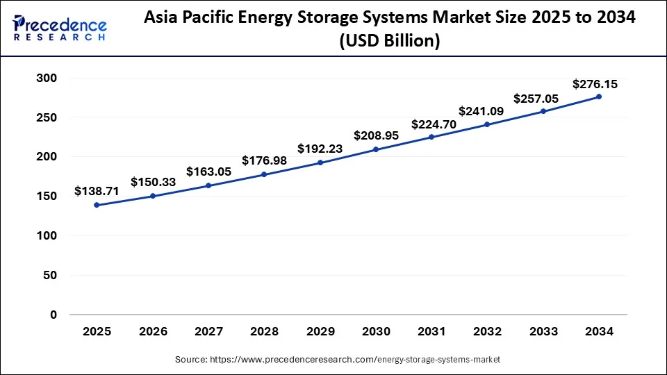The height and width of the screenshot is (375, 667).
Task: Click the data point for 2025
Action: [x=97, y=205]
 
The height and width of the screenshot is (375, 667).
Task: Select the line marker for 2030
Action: [x=376, y=149]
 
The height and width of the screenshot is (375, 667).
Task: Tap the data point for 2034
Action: [x=599, y=97]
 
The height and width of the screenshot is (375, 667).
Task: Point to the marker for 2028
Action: [x=264, y=174]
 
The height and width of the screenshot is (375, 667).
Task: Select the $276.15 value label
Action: [x=595, y=84]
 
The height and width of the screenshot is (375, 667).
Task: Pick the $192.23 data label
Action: [x=320, y=148]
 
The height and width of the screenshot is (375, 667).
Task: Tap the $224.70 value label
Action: [x=434, y=124]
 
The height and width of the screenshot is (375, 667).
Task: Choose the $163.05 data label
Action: [x=208, y=171]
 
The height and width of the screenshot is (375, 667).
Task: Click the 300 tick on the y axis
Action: [x=47, y=78]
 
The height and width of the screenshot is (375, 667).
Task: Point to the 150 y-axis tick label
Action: [x=47, y=197]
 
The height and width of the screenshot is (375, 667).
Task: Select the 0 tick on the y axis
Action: [x=53, y=315]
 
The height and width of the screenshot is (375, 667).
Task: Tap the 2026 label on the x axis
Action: [x=152, y=332]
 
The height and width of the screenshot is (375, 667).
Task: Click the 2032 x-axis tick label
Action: [x=487, y=332]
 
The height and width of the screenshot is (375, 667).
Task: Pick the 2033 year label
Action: [x=543, y=332]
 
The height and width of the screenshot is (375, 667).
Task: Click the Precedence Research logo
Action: [x=60, y=28]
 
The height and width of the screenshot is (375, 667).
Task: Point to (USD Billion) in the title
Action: [x=389, y=42]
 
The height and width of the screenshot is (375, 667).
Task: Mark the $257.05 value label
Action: [x=536, y=99]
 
